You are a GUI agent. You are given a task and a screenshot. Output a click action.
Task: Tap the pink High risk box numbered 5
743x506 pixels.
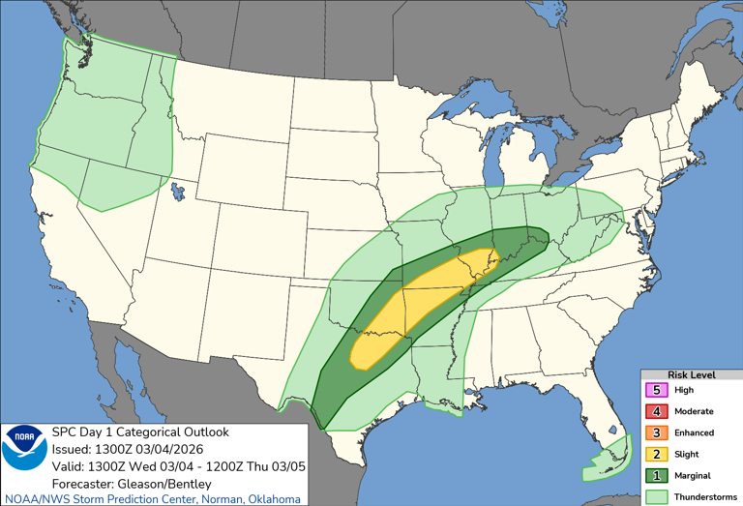[657, 390]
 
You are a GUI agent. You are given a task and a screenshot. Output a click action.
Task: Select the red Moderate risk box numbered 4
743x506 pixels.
[657, 411]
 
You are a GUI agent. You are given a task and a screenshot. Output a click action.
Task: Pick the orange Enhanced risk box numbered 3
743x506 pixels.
[657, 432]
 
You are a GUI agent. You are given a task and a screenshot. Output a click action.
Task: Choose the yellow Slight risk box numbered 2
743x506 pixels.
[657, 454]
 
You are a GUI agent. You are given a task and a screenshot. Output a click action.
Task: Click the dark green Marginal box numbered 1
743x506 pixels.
[657, 475]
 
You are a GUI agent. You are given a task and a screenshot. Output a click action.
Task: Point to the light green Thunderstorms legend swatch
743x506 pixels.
[657, 495]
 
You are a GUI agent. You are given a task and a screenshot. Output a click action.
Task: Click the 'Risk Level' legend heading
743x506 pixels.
[692, 373]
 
